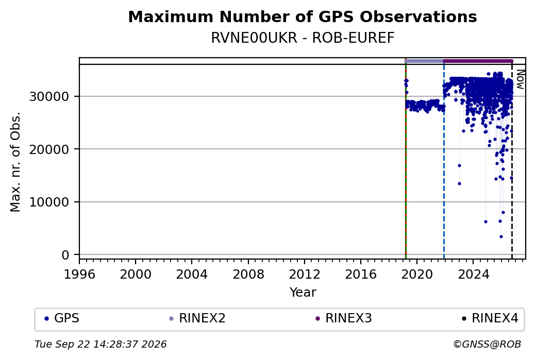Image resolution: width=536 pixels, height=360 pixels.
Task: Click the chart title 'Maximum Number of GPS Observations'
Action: [x=303, y=16]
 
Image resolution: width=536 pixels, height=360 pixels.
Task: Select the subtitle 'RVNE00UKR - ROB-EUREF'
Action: [x=303, y=38]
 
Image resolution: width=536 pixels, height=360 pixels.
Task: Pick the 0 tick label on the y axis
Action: [x=65, y=255]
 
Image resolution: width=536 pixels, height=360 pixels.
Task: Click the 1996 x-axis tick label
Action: [x=79, y=274]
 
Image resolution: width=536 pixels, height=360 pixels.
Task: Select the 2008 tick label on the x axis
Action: [x=248, y=274]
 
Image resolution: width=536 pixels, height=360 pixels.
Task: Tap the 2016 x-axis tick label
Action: [x=361, y=274]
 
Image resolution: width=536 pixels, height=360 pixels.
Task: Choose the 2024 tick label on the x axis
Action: [x=473, y=274]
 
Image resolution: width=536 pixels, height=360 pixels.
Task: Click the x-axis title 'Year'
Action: [x=303, y=293]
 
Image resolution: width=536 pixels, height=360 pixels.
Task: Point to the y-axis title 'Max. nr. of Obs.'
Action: [x=15, y=162]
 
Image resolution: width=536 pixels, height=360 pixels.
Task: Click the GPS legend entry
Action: [x=62, y=318]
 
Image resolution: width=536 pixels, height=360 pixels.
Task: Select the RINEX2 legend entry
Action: [x=197, y=318]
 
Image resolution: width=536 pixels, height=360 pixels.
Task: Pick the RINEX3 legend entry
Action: [x=344, y=318]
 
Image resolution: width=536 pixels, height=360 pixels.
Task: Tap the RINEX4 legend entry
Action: [x=490, y=318]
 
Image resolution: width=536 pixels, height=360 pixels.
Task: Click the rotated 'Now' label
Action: [x=520, y=79]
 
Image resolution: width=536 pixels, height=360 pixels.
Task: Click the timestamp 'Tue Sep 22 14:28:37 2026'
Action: [x=100, y=344]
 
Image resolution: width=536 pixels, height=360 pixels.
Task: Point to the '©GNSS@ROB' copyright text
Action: [x=487, y=344]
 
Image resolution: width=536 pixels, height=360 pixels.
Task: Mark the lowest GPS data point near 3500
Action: [x=501, y=236]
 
